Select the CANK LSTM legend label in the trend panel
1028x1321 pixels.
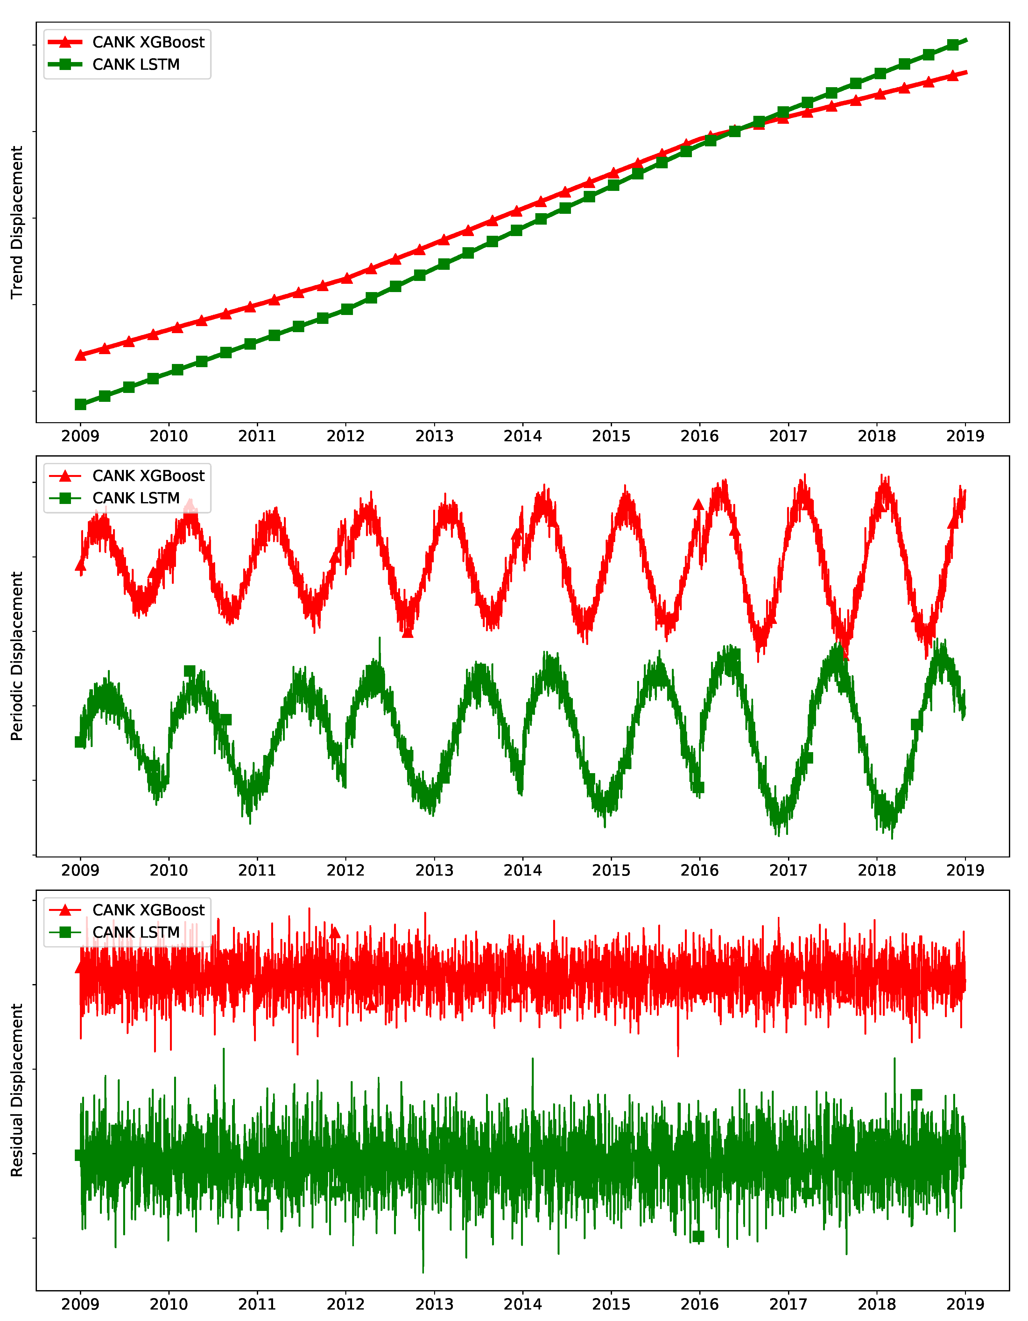click(x=136, y=65)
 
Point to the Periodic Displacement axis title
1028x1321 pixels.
click(x=17, y=656)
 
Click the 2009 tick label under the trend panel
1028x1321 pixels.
click(x=81, y=436)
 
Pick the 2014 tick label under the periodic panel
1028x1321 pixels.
click(x=523, y=870)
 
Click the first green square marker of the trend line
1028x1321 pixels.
click(x=81, y=404)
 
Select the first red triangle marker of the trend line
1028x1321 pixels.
click(x=81, y=355)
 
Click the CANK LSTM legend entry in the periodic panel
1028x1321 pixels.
click(x=136, y=499)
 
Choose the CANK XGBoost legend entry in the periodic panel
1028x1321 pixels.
click(x=148, y=476)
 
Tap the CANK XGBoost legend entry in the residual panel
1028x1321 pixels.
click(x=148, y=910)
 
